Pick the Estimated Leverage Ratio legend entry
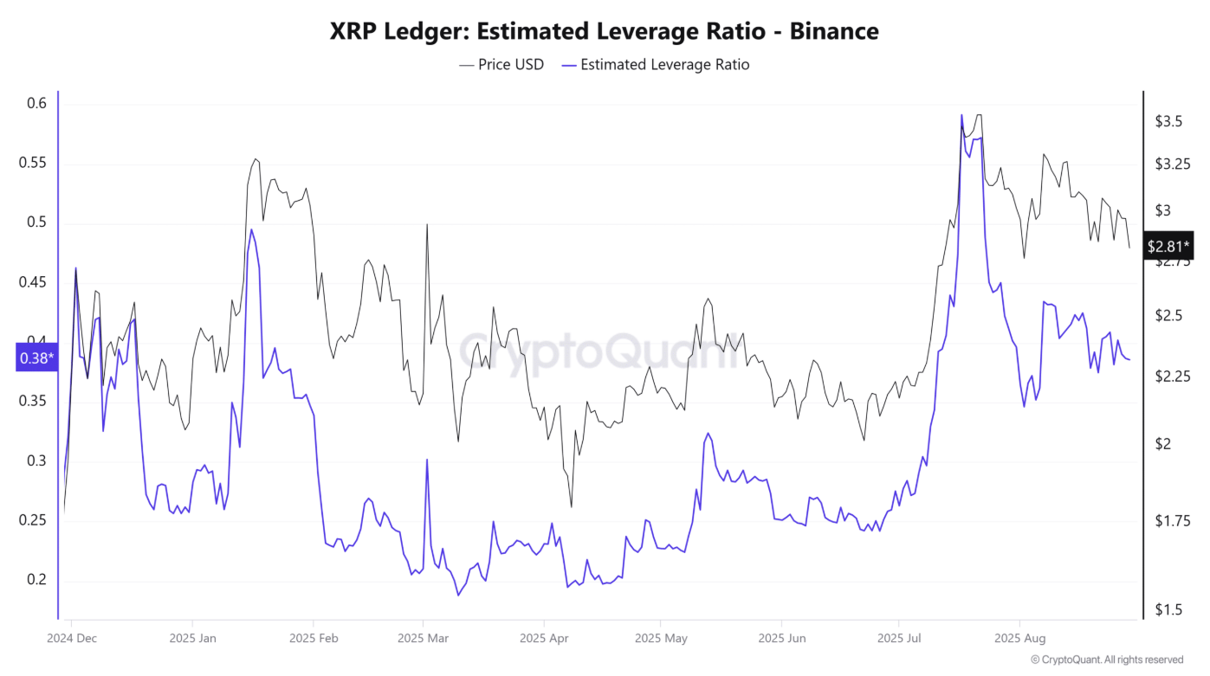(x=655, y=64)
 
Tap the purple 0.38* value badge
(x=36, y=357)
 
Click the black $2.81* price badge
(x=1168, y=246)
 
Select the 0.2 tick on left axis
(x=36, y=579)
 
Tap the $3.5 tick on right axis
(x=1168, y=121)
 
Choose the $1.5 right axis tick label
(x=1168, y=610)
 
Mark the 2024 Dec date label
(x=71, y=639)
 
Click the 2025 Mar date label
(x=423, y=639)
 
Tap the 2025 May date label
(x=661, y=639)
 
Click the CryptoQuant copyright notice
(x=1106, y=660)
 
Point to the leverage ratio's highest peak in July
(x=961, y=115)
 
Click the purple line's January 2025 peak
(x=251, y=229)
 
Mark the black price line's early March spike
(x=427, y=225)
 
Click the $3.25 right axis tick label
(x=1172, y=164)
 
